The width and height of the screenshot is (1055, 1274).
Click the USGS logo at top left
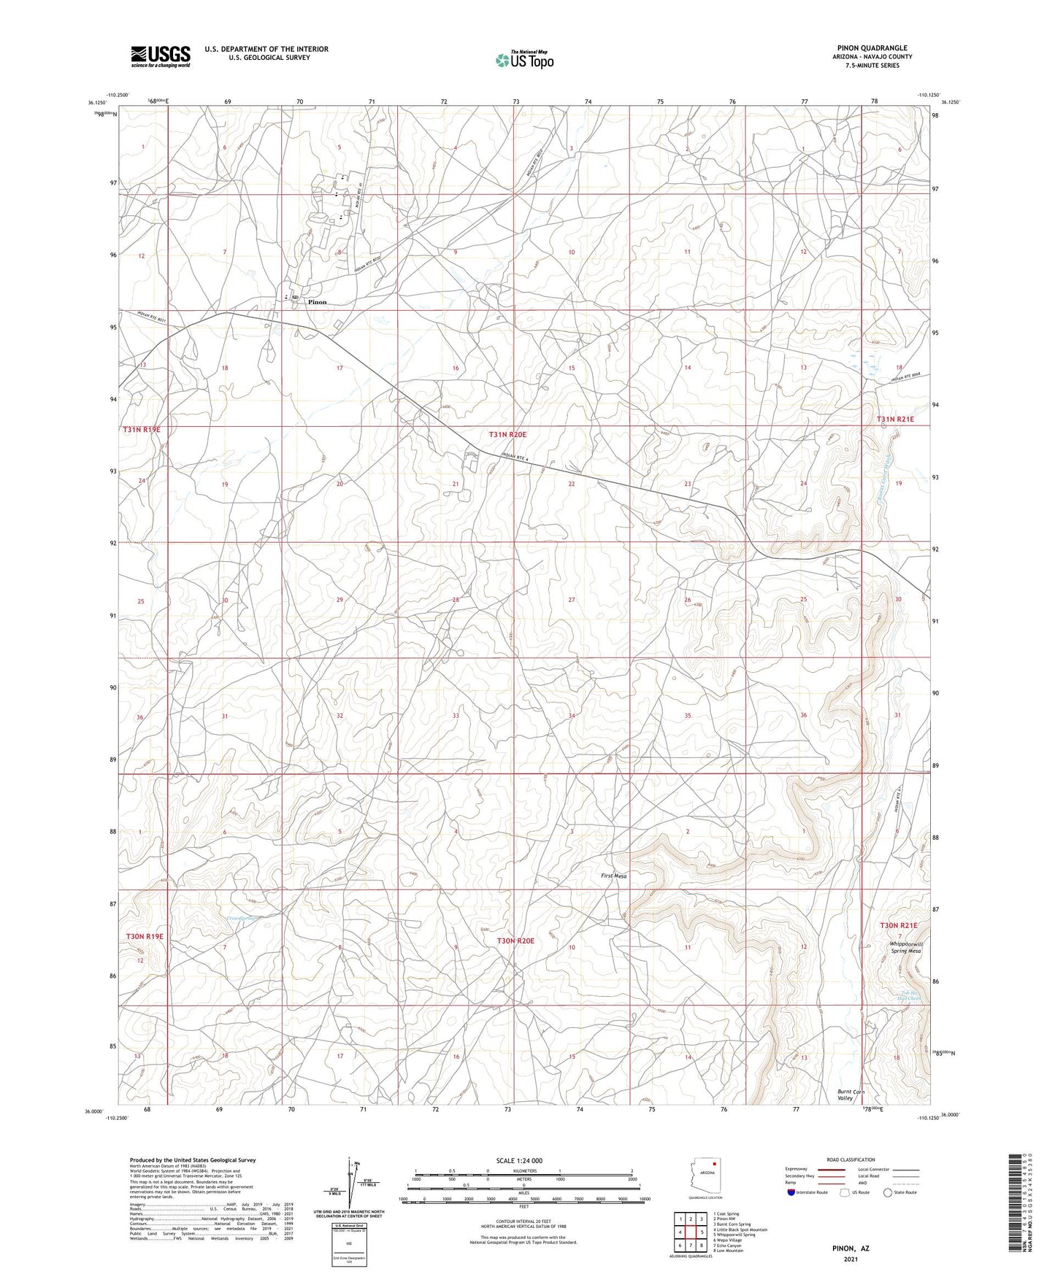point(161,55)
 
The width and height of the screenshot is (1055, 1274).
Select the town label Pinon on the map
point(317,301)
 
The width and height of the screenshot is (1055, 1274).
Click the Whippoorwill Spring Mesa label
point(905,947)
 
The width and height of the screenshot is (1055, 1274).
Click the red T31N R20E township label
point(507,435)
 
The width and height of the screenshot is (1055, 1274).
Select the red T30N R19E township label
point(145,935)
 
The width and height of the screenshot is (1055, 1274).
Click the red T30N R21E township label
point(898,925)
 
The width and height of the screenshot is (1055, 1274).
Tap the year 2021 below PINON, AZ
point(851,1259)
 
